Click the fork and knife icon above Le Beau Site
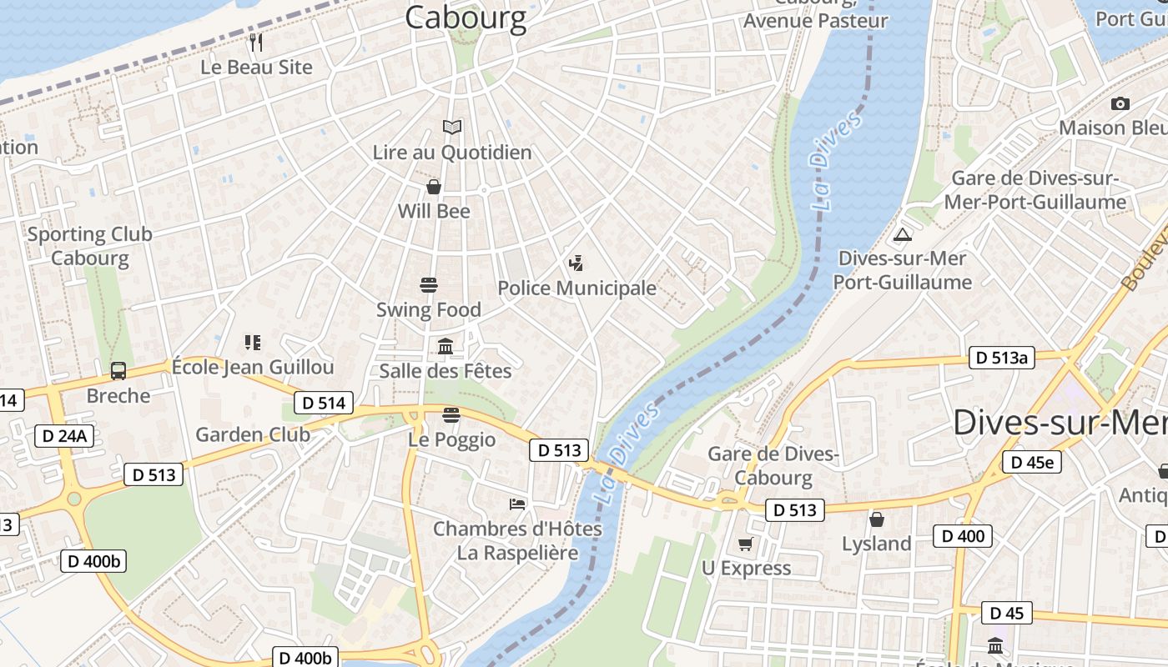[256, 42]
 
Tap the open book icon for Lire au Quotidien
[452, 127]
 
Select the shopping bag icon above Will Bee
[434, 186]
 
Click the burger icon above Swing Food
[429, 285]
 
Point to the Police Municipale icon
[576, 263]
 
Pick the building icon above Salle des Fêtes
[446, 346]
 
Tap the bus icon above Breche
[118, 371]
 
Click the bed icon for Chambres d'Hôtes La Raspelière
[517, 504]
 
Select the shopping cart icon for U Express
[745, 544]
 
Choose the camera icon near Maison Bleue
[1120, 103]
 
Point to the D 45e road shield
[1032, 462]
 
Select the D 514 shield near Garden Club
[324, 404]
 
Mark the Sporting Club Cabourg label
[90, 246]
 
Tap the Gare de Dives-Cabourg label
[773, 465]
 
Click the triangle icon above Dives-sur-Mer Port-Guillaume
[902, 234]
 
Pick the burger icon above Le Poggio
[451, 415]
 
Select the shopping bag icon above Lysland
[877, 519]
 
